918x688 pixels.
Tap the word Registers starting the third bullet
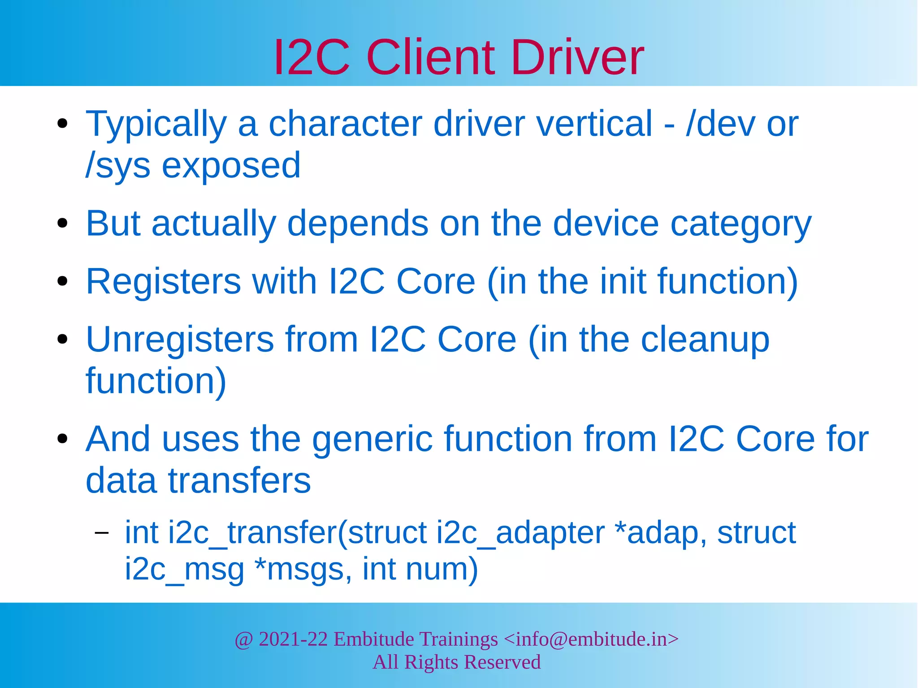164,281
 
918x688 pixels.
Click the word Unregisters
179,339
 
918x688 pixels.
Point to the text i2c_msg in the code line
184,570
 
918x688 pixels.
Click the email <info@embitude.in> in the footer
591,639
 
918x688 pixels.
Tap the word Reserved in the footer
502,662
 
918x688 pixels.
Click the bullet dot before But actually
62,224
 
